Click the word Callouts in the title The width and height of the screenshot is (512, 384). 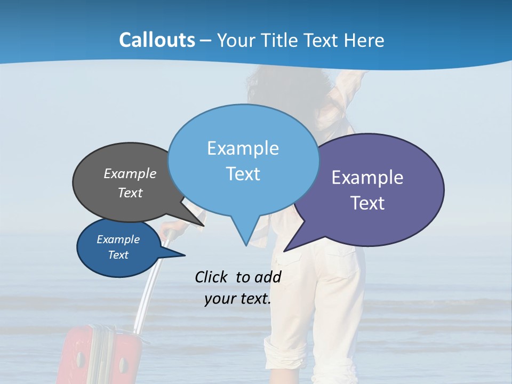(x=157, y=40)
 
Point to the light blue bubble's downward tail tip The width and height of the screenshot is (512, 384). (x=246, y=245)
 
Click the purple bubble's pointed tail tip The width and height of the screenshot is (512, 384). (x=285, y=251)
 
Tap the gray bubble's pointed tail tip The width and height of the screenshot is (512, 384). (x=204, y=225)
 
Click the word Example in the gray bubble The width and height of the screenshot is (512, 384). (x=130, y=173)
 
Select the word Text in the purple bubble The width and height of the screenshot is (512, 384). (x=367, y=203)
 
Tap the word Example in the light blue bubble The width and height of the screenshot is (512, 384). (x=243, y=148)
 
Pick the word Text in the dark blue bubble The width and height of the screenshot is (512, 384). (x=118, y=255)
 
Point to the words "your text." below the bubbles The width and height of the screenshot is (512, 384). (x=237, y=299)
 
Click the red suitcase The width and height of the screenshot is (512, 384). (x=99, y=357)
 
